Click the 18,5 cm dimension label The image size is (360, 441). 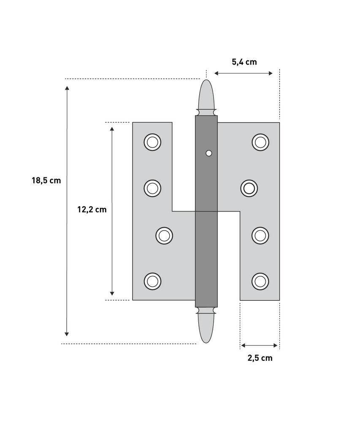(46, 180)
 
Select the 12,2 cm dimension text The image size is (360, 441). (92, 209)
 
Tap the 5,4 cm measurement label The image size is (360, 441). (244, 62)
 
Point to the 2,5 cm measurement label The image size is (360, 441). (260, 358)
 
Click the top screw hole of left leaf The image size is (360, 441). (152, 142)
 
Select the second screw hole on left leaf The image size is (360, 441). (152, 188)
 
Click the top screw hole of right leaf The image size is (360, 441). (260, 142)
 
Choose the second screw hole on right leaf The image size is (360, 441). (249, 188)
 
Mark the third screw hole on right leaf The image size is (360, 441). (260, 235)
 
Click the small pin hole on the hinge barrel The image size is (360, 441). (208, 154)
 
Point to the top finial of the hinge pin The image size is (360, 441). (206, 95)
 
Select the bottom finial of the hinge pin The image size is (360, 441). (206, 327)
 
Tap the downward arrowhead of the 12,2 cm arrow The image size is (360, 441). (112, 292)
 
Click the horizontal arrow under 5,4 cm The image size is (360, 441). (243, 73)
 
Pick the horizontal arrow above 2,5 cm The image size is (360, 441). (259, 346)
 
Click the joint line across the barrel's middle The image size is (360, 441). (206, 211)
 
